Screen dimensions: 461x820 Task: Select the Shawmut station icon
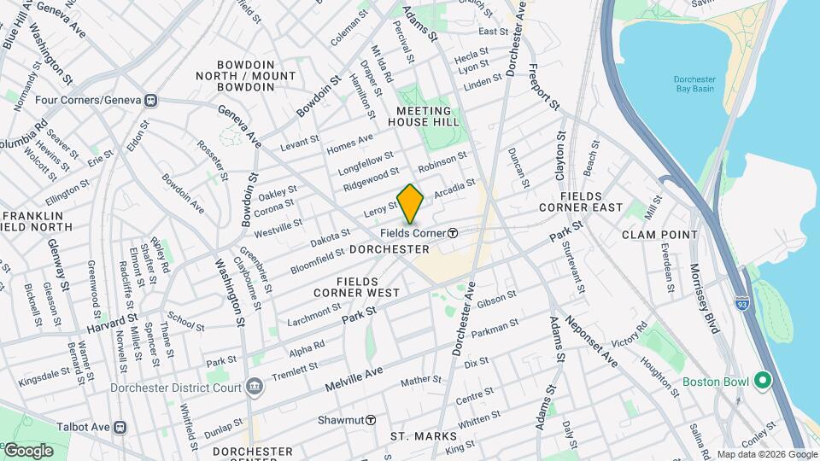[372, 420]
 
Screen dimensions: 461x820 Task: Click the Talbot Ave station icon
[120, 426]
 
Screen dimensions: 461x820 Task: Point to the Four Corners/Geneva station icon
[150, 100]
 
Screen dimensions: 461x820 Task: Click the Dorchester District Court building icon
[254, 387]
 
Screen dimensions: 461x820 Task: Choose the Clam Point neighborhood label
[659, 234]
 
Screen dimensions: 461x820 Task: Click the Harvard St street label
[112, 324]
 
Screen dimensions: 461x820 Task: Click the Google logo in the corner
[28, 450]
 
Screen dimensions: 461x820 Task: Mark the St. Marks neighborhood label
[424, 436]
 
